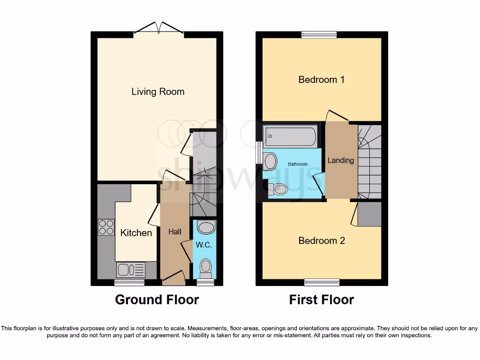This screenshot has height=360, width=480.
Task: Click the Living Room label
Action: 157,91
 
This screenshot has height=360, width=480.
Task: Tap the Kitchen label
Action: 136,232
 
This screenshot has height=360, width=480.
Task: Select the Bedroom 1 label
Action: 321,80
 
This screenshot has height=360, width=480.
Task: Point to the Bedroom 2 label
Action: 322,240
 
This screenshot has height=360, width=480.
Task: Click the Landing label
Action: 340,160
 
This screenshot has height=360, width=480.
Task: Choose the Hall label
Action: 175,232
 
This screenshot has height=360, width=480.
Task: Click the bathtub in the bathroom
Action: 290,137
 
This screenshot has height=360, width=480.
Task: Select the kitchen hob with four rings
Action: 106,227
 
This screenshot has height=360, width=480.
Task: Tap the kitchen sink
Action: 130,270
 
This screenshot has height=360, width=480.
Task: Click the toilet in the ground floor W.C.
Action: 205,268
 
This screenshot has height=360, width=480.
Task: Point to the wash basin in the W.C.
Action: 205,228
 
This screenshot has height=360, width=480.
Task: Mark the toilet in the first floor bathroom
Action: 280,189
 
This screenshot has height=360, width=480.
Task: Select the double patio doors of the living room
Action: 158,28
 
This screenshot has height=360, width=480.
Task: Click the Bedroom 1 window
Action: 319,34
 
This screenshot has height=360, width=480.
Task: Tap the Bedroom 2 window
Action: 321,282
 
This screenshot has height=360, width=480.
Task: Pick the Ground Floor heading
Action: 157,300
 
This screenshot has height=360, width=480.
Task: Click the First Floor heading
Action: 321,300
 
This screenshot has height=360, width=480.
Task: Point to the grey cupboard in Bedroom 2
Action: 369,214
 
